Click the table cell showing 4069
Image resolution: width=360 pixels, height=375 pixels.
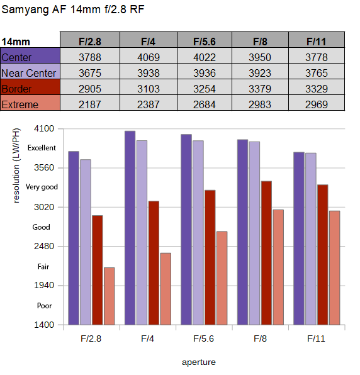(149, 56)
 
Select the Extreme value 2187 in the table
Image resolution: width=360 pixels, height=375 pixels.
(90, 103)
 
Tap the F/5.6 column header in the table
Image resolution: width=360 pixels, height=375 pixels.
(205, 40)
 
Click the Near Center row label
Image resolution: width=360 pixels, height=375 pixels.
(30, 72)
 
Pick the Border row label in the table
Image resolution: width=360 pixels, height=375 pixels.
(30, 87)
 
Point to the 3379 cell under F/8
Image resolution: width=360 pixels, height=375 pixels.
(260, 87)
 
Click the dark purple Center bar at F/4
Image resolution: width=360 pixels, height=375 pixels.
(130, 228)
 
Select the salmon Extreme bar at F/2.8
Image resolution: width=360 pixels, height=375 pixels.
(110, 296)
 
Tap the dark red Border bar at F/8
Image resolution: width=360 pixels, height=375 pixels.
(266, 253)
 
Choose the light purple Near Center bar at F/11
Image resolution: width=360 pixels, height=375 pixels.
(311, 239)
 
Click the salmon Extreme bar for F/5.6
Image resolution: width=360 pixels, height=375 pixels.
(222, 278)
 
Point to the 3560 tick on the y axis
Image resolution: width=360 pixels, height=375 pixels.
(44, 167)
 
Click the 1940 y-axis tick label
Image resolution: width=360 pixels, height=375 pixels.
(44, 285)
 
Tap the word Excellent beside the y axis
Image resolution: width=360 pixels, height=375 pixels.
(42, 148)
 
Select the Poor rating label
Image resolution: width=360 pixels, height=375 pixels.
(44, 306)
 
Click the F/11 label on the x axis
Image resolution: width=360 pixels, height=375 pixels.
(316, 339)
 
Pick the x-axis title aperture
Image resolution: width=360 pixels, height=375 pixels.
(199, 362)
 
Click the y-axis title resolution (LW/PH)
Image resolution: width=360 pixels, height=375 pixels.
(16, 165)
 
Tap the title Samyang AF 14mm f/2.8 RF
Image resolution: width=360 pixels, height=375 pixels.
(73, 9)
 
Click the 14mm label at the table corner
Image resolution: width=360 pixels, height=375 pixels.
(16, 42)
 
